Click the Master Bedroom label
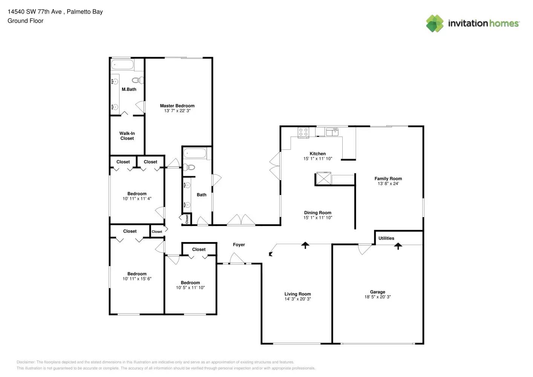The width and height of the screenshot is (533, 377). click(177, 106)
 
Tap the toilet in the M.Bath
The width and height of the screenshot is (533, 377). click(138, 80)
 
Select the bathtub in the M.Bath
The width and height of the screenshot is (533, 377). click(122, 64)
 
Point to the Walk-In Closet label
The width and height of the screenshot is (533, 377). click(127, 136)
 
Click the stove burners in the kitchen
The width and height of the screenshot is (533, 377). click(303, 132)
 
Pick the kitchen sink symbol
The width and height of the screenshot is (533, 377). click(332, 132)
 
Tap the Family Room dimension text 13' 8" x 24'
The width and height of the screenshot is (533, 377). click(388, 184)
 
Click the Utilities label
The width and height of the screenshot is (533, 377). click(386, 238)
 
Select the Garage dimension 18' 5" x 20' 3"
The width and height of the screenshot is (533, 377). click(378, 297)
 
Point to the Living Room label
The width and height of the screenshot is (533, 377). click(298, 294)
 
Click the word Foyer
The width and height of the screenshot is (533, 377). click(239, 245)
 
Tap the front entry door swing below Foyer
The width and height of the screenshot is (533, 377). click(237, 259)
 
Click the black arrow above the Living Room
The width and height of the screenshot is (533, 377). click(305, 245)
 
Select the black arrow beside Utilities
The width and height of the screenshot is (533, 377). click(398, 246)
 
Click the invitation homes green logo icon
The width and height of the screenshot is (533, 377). click(435, 23)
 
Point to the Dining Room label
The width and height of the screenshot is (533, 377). click(318, 213)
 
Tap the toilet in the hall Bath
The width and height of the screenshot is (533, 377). click(189, 167)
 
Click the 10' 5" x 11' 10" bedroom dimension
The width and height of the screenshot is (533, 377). click(190, 288)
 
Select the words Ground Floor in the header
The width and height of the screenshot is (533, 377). click(26, 21)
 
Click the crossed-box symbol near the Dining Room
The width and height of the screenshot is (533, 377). click(324, 178)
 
